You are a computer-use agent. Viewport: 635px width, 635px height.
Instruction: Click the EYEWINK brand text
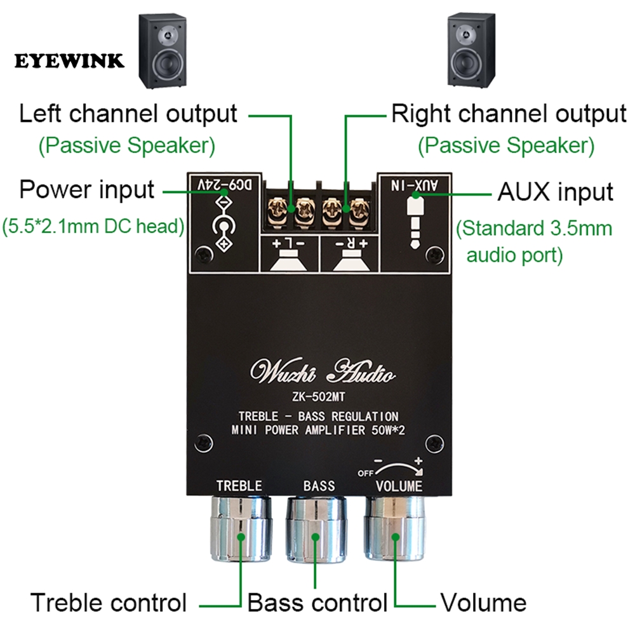pyautogui.click(x=69, y=62)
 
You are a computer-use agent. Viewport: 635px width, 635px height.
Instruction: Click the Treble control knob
pyautogui.click(x=241, y=528)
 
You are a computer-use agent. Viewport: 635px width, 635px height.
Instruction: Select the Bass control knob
pyautogui.click(x=317, y=528)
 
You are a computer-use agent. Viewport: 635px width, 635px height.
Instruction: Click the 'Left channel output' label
pyautogui.click(x=128, y=114)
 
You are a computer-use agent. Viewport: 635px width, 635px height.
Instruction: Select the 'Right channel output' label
pyautogui.click(x=508, y=114)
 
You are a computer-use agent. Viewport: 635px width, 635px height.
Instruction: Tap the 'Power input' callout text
pyautogui.click(x=86, y=189)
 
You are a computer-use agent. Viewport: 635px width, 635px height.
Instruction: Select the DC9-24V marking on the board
pyautogui.click(x=224, y=184)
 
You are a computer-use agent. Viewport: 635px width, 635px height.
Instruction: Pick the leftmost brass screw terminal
pyautogui.click(x=277, y=207)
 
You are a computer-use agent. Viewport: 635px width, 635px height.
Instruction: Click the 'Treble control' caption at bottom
pyautogui.click(x=109, y=602)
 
